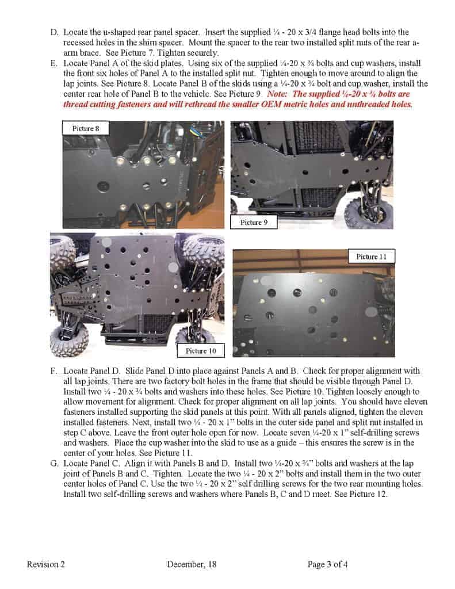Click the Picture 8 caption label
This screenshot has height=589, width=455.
pyautogui.click(x=85, y=129)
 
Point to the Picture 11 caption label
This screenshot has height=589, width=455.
pyautogui.click(x=371, y=257)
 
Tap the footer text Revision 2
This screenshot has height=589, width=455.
pyautogui.click(x=46, y=564)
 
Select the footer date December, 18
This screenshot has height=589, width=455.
pyautogui.click(x=192, y=564)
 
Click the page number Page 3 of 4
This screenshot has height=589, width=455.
pyautogui.click(x=328, y=564)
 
